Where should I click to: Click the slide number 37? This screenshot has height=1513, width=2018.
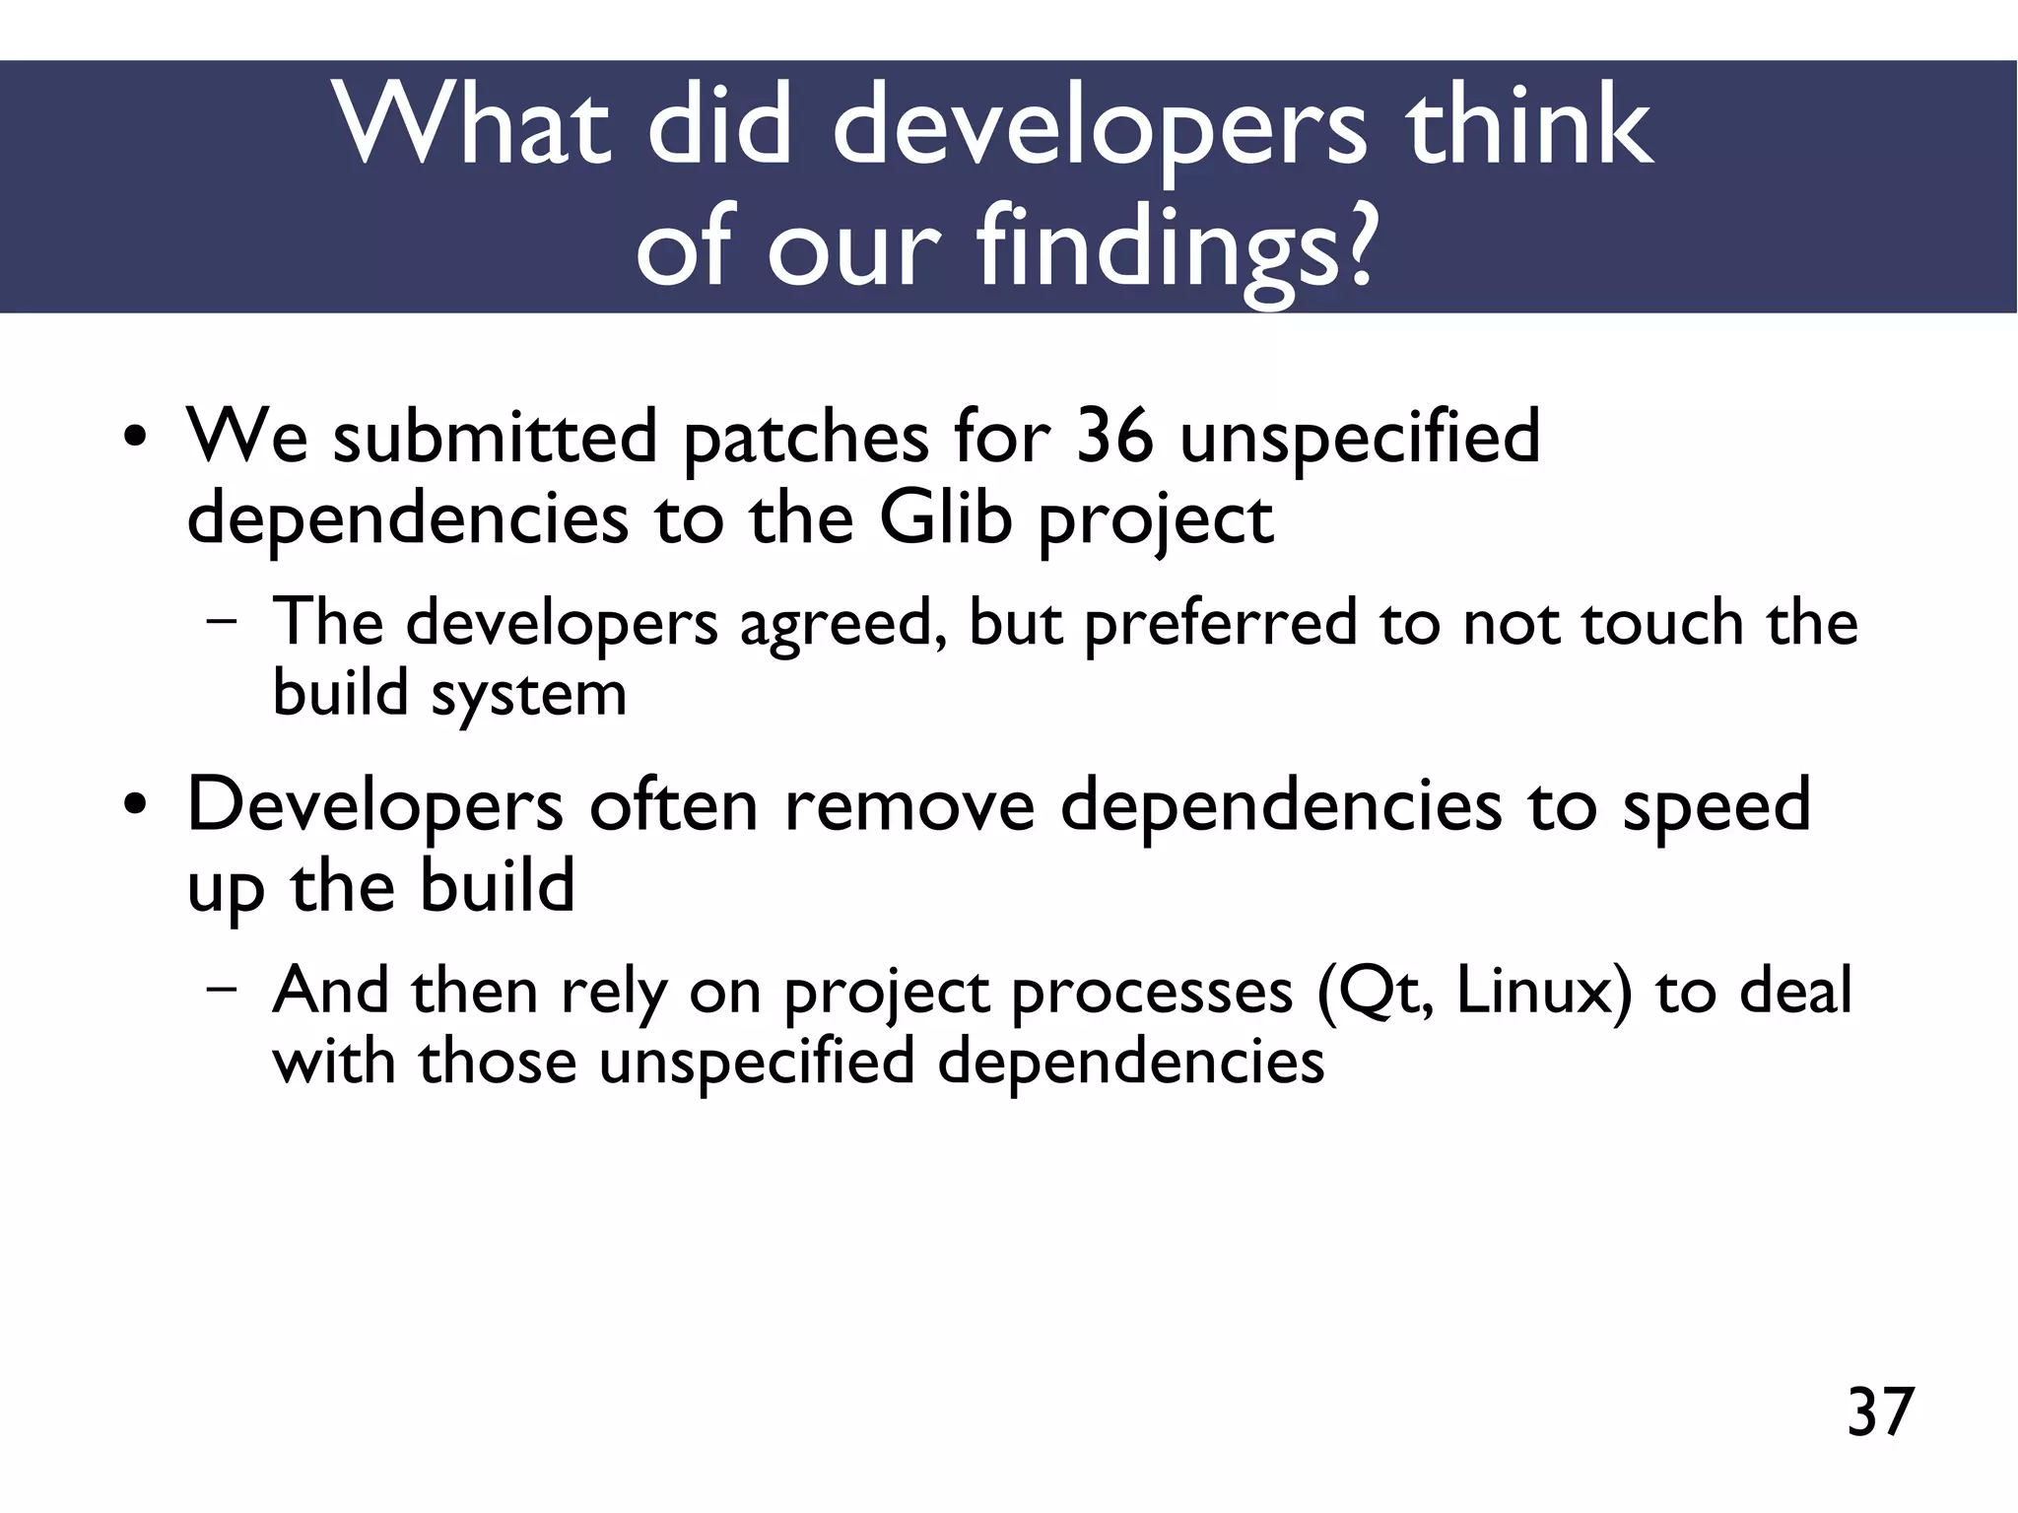[1880, 1412]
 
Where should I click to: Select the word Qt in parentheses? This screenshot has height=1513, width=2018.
[1375, 991]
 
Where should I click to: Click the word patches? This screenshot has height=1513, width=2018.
[805, 439]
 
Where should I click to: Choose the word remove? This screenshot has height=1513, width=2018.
[909, 805]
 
